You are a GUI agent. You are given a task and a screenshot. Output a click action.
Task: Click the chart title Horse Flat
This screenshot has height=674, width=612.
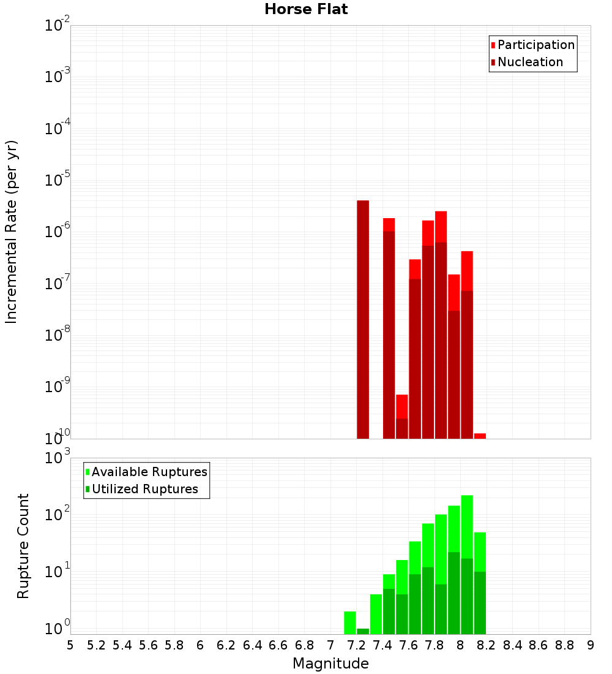[x=306, y=9]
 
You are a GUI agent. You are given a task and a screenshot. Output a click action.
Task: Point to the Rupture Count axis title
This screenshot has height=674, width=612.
[x=23, y=546]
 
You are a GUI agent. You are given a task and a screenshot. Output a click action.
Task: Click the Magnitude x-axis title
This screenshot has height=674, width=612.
[x=330, y=664]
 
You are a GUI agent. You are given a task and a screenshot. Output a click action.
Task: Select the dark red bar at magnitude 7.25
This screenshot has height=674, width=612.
[x=363, y=319]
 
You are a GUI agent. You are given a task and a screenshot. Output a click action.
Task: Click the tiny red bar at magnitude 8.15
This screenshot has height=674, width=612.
[x=480, y=436]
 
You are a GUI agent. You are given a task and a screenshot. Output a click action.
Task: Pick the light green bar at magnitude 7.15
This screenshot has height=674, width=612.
[x=350, y=622]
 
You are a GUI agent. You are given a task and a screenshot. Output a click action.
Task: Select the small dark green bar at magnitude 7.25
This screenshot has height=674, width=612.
[x=363, y=631]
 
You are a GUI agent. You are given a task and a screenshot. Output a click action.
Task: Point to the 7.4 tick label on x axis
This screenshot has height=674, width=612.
[x=382, y=645]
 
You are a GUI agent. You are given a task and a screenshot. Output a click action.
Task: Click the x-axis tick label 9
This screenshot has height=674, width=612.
[x=590, y=645]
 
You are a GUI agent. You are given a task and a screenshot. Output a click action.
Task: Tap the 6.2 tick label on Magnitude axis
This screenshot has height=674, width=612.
[x=226, y=645]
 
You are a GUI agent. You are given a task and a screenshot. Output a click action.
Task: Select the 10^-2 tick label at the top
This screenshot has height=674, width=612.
[x=56, y=26]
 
